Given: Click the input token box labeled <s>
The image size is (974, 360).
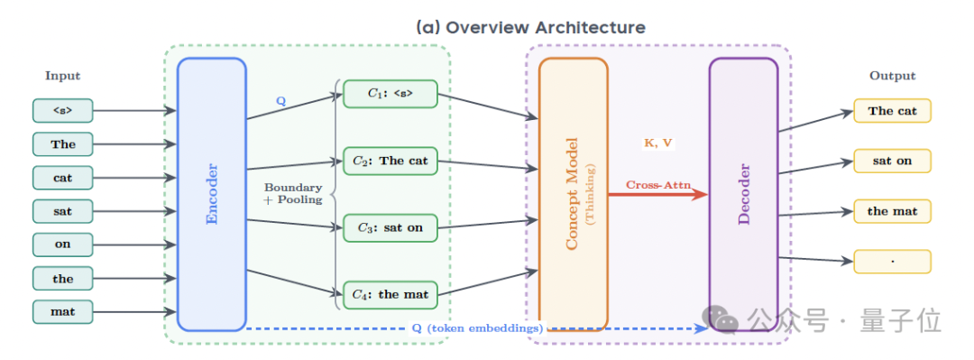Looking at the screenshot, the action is [63, 111].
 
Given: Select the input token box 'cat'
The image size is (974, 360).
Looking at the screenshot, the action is [63, 178].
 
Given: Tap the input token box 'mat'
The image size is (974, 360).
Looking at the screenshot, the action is [63, 311].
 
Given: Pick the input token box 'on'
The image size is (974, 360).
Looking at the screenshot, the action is [63, 245].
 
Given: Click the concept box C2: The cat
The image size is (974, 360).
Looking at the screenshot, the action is [391, 161].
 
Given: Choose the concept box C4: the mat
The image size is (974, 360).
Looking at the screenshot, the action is [391, 295].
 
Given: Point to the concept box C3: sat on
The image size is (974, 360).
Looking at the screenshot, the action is [391, 227].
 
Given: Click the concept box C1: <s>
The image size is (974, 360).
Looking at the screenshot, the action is [391, 94].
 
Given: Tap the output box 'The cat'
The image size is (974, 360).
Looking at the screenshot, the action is [892, 111].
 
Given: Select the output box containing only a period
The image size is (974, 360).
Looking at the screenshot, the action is [892, 261].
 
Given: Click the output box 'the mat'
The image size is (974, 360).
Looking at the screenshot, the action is [892, 211].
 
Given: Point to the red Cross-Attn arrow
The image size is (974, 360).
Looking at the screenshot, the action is [657, 195].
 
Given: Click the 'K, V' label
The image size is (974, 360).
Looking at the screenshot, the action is [657, 143].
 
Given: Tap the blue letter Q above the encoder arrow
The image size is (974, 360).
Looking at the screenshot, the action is [280, 101].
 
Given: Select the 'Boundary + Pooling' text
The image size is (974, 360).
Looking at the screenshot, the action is [293, 193].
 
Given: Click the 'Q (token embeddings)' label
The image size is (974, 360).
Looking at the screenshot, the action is [477, 328].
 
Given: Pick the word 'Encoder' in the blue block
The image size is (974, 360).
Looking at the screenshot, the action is [212, 194].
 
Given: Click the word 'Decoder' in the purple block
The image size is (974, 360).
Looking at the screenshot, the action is [743, 194].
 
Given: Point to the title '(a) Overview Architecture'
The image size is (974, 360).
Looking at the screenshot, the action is [530, 27].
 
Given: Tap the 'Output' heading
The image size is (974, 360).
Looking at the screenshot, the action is [893, 76].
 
